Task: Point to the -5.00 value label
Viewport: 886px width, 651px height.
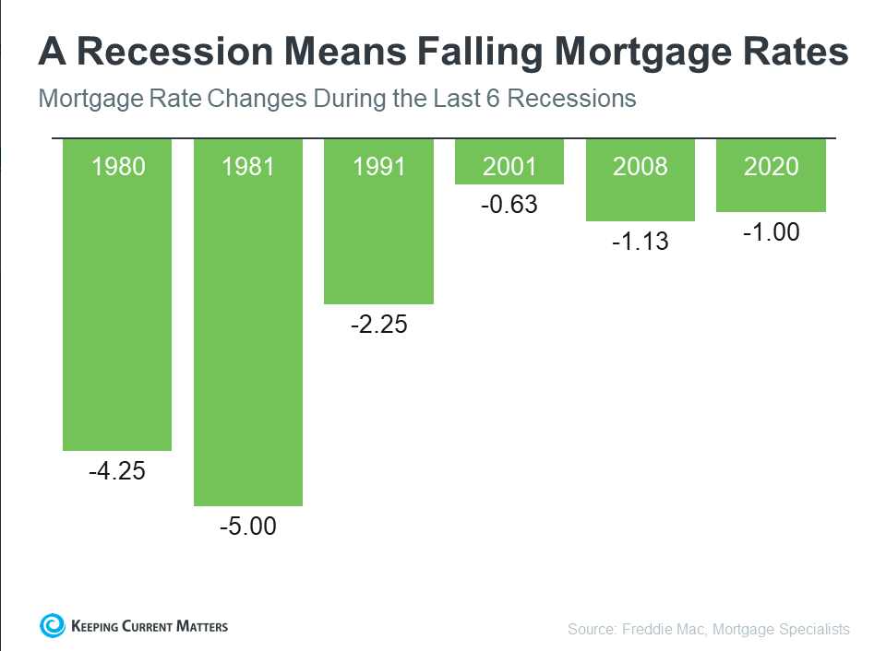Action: point(247,527)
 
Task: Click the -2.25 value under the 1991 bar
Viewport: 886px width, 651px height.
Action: point(378,325)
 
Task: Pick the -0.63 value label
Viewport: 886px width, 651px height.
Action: point(509,205)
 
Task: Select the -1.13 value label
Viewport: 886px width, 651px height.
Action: point(640,242)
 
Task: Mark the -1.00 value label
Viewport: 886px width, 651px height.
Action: point(771,232)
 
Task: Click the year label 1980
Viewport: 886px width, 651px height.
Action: point(117,167)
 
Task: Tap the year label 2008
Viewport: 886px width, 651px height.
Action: point(640,167)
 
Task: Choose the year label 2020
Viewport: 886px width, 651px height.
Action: point(771,167)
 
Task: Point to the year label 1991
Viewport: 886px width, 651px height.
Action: point(378,167)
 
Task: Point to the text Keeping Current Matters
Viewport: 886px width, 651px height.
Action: point(149,627)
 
